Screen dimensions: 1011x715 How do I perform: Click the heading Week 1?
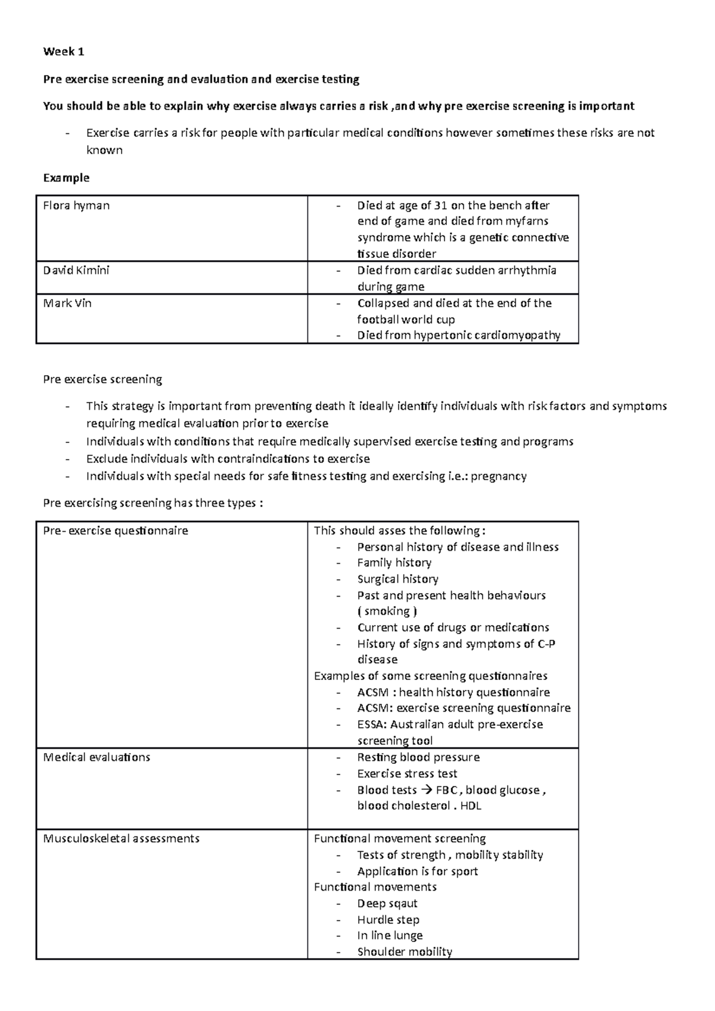point(63,52)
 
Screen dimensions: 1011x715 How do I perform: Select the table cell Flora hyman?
point(76,205)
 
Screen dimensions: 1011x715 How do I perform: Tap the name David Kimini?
point(76,270)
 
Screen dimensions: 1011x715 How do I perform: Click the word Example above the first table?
point(66,177)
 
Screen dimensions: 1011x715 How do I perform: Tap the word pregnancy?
point(499,476)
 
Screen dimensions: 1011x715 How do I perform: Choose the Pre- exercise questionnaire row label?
point(116,531)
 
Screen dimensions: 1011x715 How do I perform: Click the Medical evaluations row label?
point(97,757)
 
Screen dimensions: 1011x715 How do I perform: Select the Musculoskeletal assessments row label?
point(121,838)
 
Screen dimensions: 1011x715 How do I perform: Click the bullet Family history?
point(394,563)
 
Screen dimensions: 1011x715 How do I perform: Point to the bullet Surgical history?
point(397,579)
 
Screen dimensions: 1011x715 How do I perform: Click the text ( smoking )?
point(387,611)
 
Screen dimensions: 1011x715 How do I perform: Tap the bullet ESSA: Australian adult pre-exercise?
point(450,725)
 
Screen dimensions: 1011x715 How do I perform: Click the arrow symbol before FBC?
point(425,790)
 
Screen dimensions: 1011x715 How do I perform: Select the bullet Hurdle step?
point(388,920)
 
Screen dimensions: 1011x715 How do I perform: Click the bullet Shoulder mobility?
point(405,952)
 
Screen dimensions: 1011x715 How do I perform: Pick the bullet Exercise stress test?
point(407,773)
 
